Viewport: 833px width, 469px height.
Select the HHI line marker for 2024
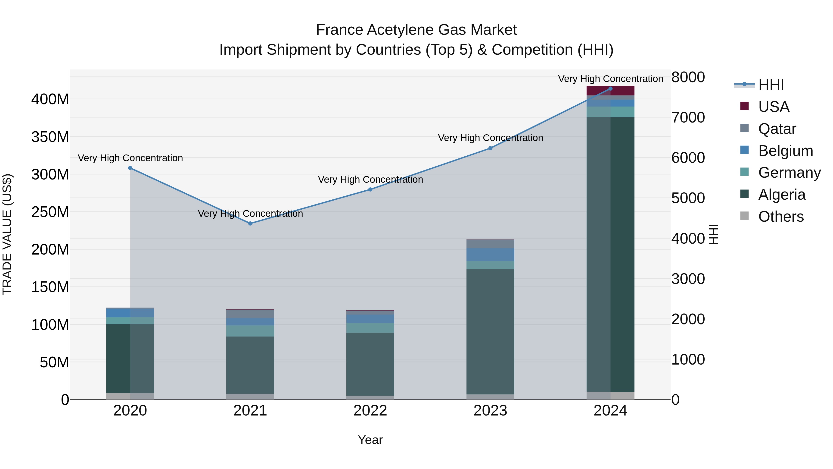(610, 89)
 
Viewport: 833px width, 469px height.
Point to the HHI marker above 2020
(130, 168)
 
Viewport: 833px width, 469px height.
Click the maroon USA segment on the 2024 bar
(610, 91)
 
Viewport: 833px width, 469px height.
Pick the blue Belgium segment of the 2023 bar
(490, 255)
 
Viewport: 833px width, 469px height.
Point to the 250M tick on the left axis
(50, 212)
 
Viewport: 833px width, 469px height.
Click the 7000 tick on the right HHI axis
(688, 117)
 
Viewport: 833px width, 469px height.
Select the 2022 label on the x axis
(370, 411)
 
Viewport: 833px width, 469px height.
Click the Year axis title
(370, 440)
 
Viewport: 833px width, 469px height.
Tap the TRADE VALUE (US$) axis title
(7, 234)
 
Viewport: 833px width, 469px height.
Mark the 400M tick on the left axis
(50, 99)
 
